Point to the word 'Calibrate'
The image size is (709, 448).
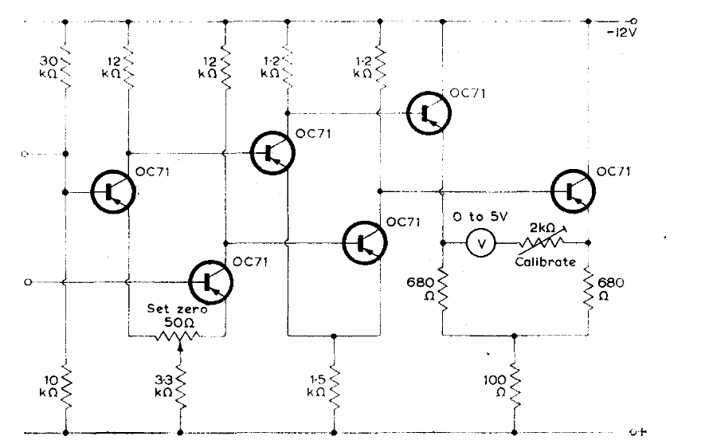click(x=545, y=261)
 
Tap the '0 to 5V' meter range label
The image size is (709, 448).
click(x=480, y=217)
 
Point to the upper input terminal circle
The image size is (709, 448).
click(x=28, y=153)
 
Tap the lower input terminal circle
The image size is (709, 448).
click(x=28, y=281)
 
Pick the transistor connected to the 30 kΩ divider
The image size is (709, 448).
click(x=112, y=191)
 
